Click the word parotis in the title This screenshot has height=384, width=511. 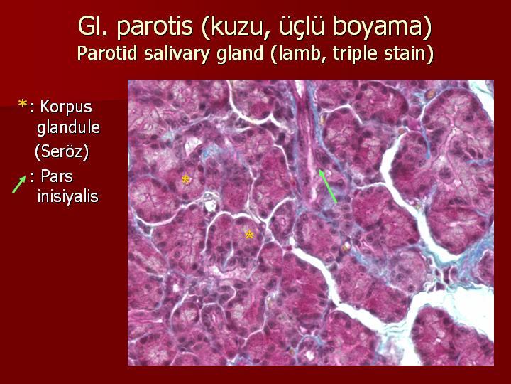pyautogui.click(x=155, y=26)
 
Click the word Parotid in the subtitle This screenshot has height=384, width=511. pyautogui.click(x=107, y=53)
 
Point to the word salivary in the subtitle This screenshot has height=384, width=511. pyautogui.click(x=176, y=54)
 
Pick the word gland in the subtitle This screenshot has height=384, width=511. pyautogui.click(x=240, y=54)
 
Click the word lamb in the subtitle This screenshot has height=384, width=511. pyautogui.click(x=299, y=53)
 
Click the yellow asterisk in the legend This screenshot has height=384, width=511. pyautogui.click(x=23, y=105)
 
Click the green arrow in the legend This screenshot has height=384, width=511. pyautogui.click(x=19, y=184)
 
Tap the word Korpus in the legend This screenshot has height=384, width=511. pyautogui.click(x=66, y=107)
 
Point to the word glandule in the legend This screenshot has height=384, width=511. pyautogui.click(x=68, y=127)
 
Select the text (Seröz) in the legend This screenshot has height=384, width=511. pyautogui.click(x=62, y=151)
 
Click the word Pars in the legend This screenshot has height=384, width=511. pyautogui.click(x=57, y=176)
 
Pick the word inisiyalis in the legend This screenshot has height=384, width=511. pyautogui.click(x=68, y=196)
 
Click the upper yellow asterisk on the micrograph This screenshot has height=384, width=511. pyautogui.click(x=185, y=179)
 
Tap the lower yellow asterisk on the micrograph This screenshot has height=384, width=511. pyautogui.click(x=249, y=235)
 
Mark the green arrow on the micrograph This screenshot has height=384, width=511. pyautogui.click(x=327, y=186)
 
